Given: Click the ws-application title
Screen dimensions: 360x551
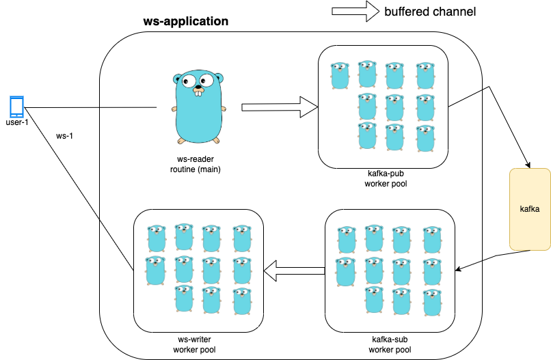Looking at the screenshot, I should (185, 21).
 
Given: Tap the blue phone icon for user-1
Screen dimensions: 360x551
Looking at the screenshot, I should (16, 107).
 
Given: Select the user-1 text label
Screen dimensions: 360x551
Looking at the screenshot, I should (16, 123).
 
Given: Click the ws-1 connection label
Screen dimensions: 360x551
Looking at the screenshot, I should (64, 135).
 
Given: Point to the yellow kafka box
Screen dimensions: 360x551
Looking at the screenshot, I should (530, 209).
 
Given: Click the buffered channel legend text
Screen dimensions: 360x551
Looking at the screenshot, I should (430, 12).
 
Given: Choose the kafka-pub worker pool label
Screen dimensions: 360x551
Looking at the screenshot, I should (387, 179).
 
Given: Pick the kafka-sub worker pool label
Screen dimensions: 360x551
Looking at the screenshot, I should (388, 344).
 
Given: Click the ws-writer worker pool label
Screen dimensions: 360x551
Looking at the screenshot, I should (198, 344).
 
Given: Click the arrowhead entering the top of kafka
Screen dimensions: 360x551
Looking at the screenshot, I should (528, 165).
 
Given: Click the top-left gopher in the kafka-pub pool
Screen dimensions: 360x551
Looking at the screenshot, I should (339, 76).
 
